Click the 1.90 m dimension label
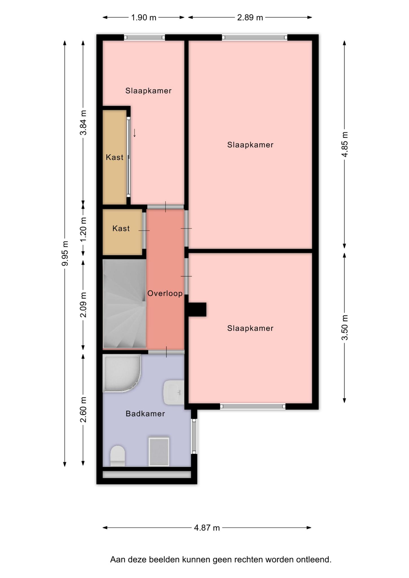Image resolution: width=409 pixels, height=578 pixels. coord(143,17)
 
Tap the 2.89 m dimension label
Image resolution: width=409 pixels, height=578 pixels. coord(250,17)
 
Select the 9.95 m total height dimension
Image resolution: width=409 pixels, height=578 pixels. coord(65,253)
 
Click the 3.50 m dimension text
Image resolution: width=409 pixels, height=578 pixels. coord(345,327)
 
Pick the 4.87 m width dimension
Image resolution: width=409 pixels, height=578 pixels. coord(207,528)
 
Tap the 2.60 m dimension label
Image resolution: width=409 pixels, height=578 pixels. coord(83,409)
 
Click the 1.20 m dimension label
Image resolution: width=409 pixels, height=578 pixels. coord(83,229)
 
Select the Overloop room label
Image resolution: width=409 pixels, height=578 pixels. coord(165,294)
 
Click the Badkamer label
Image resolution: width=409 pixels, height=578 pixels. coord(145,414)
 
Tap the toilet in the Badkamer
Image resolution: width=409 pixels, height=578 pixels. coord(117,456)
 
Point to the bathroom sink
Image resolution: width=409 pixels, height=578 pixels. coord(173,392)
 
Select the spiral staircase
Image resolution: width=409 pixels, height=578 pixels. coord(124,304)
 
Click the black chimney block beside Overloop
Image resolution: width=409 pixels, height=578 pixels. coord(197,309)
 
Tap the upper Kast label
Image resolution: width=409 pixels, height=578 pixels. coord(115,157)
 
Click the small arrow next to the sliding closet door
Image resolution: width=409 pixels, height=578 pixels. coord(135,133)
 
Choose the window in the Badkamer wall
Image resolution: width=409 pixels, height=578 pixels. coord(194,436)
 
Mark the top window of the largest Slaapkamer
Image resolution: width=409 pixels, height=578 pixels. coord(255,38)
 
